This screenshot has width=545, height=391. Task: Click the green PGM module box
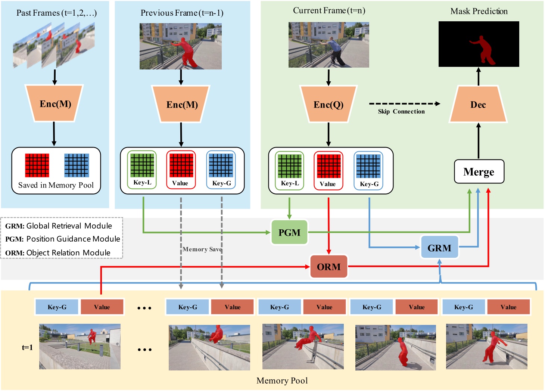[x=289, y=232]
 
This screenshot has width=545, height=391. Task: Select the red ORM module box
[x=328, y=267]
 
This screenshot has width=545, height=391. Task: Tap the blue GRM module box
[x=439, y=248]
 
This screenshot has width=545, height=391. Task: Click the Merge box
[x=479, y=172]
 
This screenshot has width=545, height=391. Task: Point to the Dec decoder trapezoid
[x=478, y=104]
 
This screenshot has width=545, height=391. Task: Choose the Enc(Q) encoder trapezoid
[x=328, y=104]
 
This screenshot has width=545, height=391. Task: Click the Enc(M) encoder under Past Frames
[x=55, y=103]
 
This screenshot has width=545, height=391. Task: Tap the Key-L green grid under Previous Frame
[x=142, y=165]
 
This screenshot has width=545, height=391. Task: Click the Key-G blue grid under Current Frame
[x=368, y=166]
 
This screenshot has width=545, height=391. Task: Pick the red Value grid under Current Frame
[x=328, y=166]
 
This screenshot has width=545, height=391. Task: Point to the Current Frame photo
[x=328, y=45]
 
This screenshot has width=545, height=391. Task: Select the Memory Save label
[x=202, y=249]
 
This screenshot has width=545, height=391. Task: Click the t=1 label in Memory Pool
[x=27, y=347]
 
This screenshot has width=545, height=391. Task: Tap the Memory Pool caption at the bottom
[x=282, y=381]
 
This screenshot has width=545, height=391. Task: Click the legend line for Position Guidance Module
[x=63, y=239]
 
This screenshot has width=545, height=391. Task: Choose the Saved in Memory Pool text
[x=56, y=185]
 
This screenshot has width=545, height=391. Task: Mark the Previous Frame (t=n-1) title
[x=182, y=13]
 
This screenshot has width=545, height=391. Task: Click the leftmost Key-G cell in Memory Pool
[x=57, y=307]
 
